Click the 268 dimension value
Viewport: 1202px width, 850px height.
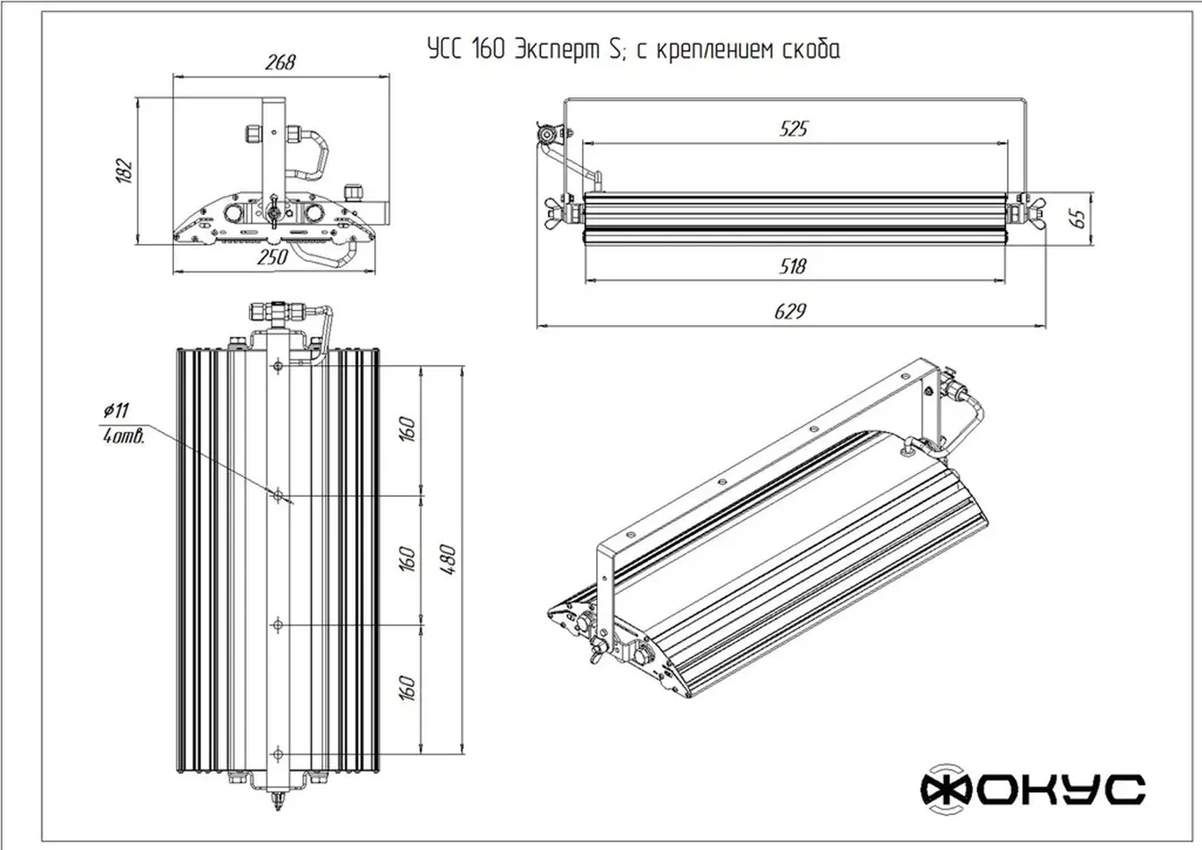click(280, 63)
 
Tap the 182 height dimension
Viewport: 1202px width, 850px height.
click(124, 171)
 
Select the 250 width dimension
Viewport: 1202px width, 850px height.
click(273, 257)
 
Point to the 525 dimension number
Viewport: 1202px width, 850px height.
click(793, 129)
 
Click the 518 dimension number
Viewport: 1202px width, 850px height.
click(792, 266)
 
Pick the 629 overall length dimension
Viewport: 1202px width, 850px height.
click(790, 312)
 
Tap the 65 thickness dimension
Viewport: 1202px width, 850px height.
click(1079, 217)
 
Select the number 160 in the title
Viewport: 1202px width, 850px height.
click(488, 50)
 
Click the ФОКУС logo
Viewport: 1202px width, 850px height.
click(1032, 790)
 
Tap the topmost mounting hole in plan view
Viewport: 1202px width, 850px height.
click(278, 366)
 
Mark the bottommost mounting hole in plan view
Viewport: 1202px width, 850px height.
click(278, 754)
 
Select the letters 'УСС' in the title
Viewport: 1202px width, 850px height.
click(444, 50)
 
